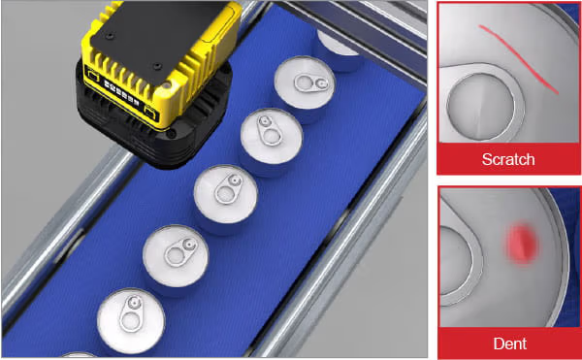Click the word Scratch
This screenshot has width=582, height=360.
(x=508, y=159)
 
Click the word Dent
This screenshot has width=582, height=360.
(x=510, y=344)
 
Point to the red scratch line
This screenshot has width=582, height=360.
(x=519, y=59)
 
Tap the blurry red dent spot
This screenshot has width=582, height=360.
(x=522, y=244)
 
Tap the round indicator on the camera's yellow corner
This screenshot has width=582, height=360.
(x=166, y=86)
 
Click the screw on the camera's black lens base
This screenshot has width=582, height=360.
(x=171, y=133)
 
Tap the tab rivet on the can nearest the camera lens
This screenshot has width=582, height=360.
(x=264, y=120)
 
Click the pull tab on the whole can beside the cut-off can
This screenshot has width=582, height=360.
(x=131, y=313)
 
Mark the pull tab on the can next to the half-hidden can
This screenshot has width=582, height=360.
(x=311, y=83)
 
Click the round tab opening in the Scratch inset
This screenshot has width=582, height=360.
(x=481, y=107)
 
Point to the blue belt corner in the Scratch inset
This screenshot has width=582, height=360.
(x=571, y=11)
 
